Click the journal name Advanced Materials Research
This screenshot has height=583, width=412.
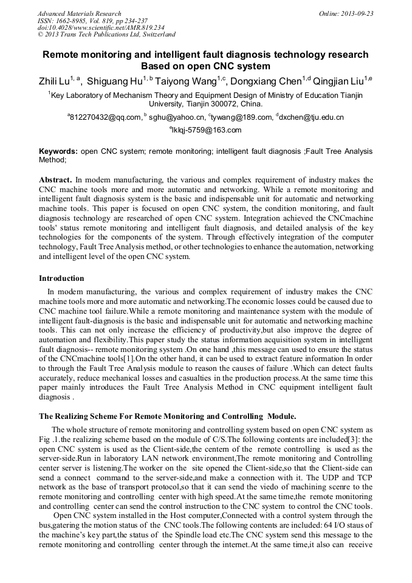80,13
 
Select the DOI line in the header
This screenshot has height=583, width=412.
101,27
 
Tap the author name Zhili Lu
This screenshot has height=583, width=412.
53,80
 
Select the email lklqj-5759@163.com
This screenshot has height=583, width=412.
208,129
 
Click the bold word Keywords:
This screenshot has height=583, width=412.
58,151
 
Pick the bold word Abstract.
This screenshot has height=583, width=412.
56,180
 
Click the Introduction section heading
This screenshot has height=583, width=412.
61,278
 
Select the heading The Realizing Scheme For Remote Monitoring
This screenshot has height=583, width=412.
167,416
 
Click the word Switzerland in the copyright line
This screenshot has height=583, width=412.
154,35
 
